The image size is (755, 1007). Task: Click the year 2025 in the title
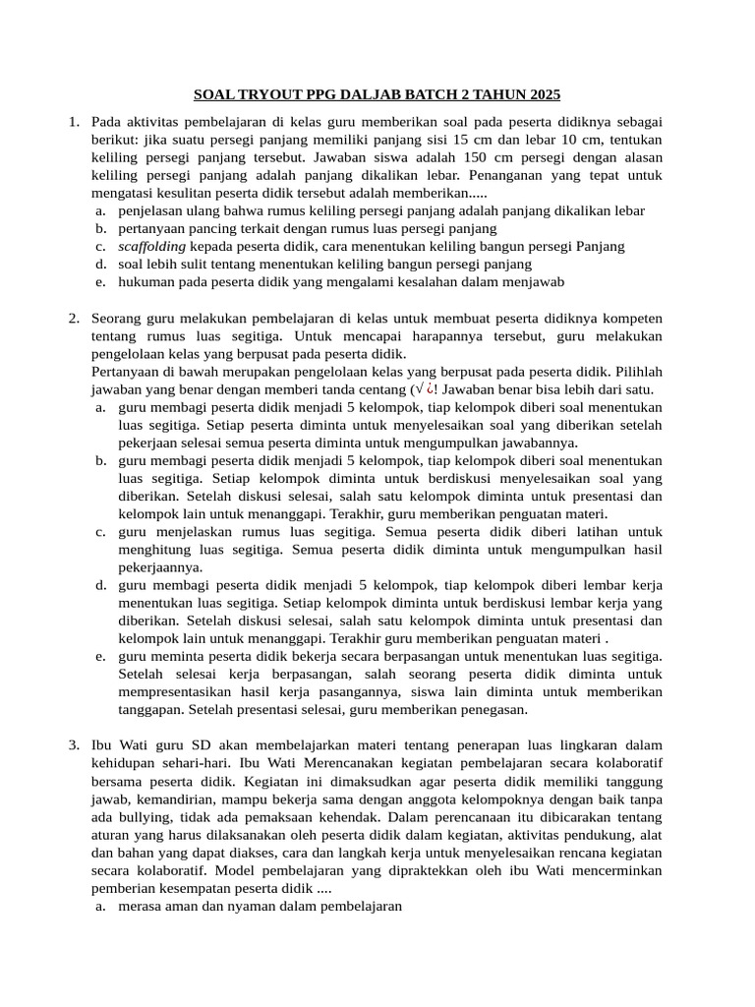click(x=543, y=95)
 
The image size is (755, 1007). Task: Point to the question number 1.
click(x=74, y=122)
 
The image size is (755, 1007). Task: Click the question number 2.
click(x=74, y=319)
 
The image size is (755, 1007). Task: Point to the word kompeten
click(x=631, y=319)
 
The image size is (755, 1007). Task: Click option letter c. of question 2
click(x=100, y=532)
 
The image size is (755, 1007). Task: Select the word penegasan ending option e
click(x=494, y=709)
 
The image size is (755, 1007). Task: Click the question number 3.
click(x=74, y=744)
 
